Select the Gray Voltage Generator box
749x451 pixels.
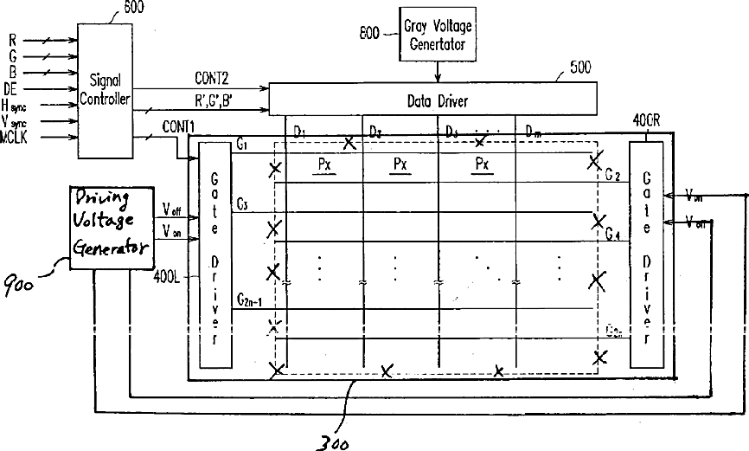tap(438, 35)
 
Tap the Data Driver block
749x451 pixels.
tap(436, 100)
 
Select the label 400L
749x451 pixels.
tap(165, 279)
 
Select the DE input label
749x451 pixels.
tap(10, 88)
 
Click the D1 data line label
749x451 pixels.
tap(300, 132)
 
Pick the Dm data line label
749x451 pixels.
tap(534, 132)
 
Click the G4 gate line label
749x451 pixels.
tap(612, 235)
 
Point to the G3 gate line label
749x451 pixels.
tap(242, 203)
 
